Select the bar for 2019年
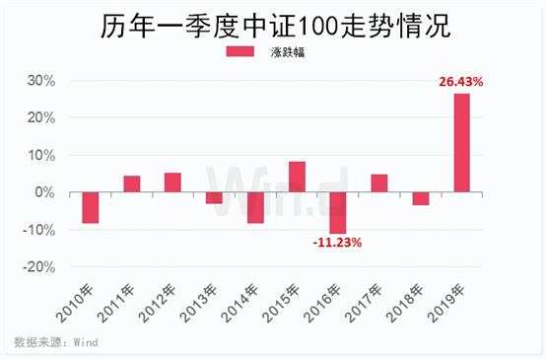click(461, 142)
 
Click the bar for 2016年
click(338, 212)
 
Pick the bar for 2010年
click(91, 207)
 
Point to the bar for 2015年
click(297, 177)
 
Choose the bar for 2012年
click(172, 181)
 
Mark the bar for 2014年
click(255, 207)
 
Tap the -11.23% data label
click(338, 242)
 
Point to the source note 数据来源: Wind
click(55, 342)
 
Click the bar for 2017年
click(379, 182)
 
